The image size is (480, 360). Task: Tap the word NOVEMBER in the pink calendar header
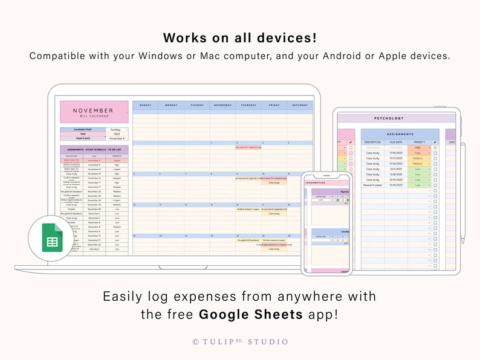[x=93, y=111]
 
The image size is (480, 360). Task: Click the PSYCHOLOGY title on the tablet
[x=389, y=118]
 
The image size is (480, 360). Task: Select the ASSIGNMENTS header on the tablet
[x=400, y=134]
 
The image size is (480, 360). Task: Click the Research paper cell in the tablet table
[x=372, y=185]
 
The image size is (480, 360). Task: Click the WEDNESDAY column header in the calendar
[x=222, y=105]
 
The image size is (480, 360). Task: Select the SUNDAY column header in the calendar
[x=145, y=105]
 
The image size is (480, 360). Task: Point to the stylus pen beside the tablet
[x=463, y=193]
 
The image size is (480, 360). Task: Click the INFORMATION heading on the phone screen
[x=316, y=182]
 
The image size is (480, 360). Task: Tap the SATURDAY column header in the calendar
[x=300, y=105]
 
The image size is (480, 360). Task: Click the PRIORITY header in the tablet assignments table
[x=419, y=142]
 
